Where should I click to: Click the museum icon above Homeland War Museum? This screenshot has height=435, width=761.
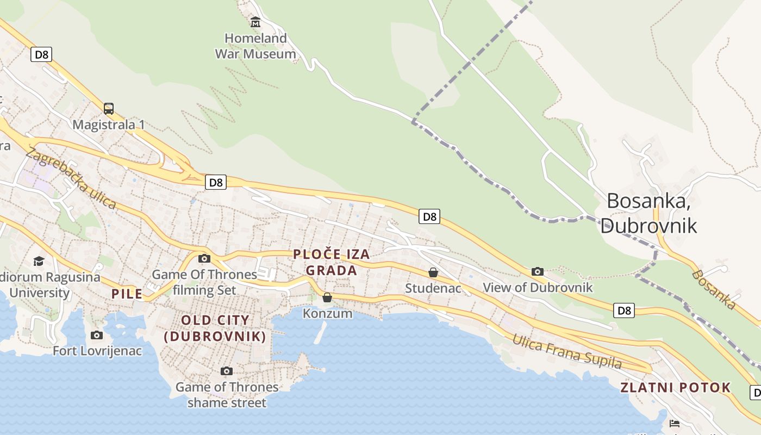tap(255, 22)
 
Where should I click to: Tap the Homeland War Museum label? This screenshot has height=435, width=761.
tap(255, 46)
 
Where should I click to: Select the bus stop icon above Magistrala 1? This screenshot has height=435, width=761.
tap(109, 108)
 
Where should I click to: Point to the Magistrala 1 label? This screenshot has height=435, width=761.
tap(109, 125)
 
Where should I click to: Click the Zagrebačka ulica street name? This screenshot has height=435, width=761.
tap(71, 178)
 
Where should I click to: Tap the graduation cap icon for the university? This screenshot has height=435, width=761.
tap(39, 262)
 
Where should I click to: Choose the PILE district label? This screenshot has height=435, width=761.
tap(127, 294)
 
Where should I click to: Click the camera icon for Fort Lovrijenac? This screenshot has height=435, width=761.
tap(97, 335)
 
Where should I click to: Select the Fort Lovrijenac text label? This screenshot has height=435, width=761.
tap(97, 351)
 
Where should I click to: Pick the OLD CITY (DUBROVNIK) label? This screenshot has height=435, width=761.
tap(215, 328)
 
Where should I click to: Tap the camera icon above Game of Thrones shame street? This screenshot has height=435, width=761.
tap(227, 371)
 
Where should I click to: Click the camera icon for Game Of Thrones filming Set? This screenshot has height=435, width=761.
tap(204, 259)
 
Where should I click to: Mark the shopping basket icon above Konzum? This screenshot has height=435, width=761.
tap(327, 297)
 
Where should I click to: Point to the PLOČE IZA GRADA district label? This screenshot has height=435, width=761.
tap(332, 262)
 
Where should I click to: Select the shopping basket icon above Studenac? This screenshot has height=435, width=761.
tap(433, 272)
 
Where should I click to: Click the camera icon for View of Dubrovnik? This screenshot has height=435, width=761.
tap(538, 271)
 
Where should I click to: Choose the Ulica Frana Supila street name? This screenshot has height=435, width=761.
tap(567, 352)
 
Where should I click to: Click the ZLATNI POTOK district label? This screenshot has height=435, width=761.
tap(676, 388)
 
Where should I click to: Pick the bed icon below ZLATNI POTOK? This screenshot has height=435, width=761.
tap(675, 423)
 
